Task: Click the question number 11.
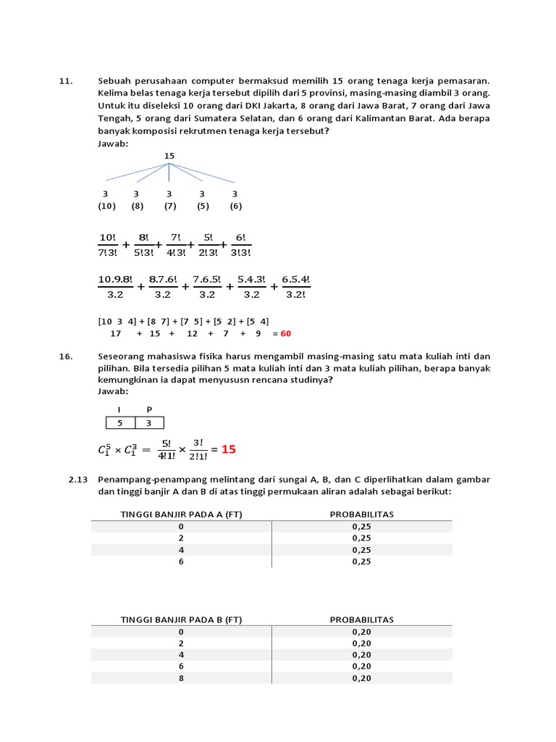(x=64, y=82)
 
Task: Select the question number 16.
(x=64, y=356)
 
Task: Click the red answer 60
(x=286, y=333)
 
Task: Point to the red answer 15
(x=229, y=449)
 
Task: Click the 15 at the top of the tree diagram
(x=169, y=156)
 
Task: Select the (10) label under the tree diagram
(x=106, y=206)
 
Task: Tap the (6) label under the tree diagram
(x=235, y=206)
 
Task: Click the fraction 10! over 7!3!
(x=107, y=244)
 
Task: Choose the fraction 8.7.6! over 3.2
(x=163, y=287)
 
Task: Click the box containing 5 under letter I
(x=120, y=423)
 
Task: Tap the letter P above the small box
(x=149, y=409)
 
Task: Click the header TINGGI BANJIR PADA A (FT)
(x=181, y=514)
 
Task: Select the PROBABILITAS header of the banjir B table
(x=361, y=620)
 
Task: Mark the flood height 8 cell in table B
(x=181, y=678)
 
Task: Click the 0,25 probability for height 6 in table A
(x=361, y=561)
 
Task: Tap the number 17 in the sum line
(x=115, y=333)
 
